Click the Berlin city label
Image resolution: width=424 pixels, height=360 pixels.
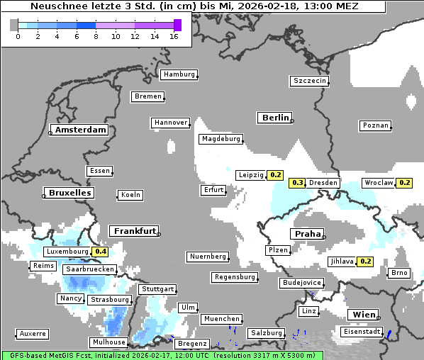coord(275,118)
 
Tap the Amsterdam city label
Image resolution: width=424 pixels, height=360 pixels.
coord(80,130)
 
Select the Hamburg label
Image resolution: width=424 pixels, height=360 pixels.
coord(179,74)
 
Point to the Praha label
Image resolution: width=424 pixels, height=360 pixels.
coord(308,234)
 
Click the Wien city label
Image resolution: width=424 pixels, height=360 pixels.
coord(364,315)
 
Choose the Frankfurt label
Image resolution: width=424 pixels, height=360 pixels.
coord(134,231)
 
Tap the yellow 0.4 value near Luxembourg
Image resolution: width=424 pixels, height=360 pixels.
coord(100,252)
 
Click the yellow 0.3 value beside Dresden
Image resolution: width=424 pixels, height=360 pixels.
coord(298,183)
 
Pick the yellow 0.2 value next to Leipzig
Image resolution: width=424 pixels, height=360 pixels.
coord(276,175)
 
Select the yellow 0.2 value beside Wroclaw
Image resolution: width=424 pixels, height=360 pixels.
coord(405,183)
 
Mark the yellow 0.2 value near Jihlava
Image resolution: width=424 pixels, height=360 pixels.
coord(365,261)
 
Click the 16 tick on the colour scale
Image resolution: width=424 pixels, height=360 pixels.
coord(174,36)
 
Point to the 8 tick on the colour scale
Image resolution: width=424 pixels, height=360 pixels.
coord(96,36)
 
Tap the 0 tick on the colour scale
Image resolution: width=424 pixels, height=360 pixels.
coord(18,36)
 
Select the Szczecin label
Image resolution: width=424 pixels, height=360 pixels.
coord(310,81)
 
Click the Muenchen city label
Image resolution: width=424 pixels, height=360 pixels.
coord(222,320)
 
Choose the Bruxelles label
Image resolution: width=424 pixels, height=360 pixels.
coord(69,193)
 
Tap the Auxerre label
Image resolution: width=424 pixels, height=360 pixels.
coord(33,333)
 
